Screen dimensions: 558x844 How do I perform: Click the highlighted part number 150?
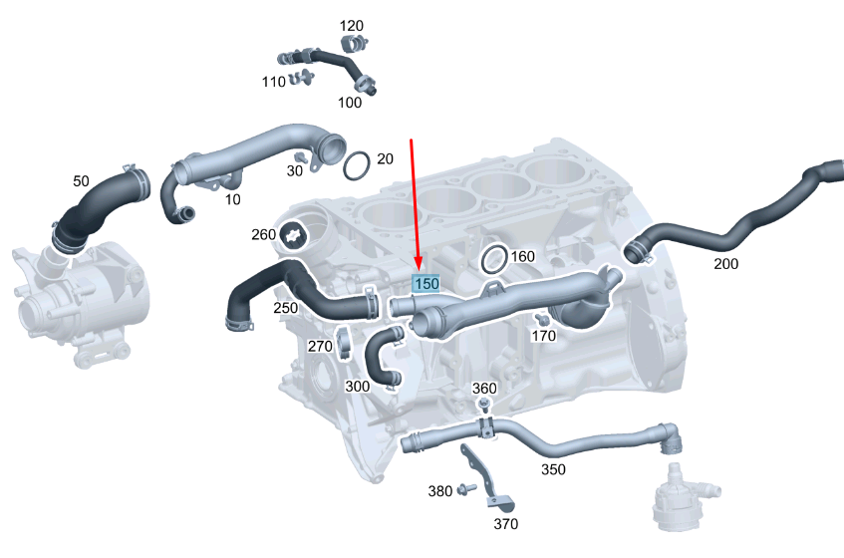426,284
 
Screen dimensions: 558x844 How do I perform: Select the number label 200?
726,264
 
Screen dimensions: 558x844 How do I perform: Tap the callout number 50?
82,181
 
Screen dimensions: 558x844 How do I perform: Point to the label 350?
554,468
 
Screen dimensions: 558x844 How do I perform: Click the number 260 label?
263,235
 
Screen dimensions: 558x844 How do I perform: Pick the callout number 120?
352,25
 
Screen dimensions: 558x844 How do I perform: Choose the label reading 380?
440,490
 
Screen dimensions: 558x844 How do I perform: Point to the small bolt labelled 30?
299,157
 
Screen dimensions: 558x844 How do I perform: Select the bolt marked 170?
541,319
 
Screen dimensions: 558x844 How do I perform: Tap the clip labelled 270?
345,345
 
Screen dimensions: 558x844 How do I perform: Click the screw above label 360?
484,404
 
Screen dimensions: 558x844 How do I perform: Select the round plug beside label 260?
295,235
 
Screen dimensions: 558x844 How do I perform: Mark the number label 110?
274,82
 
